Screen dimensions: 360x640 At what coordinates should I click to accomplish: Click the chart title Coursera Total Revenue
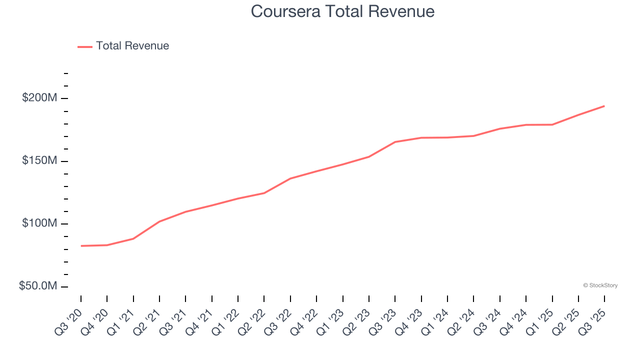pos(342,11)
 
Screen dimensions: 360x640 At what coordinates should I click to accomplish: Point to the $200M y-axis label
pos(39,98)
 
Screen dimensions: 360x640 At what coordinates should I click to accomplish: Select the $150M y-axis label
pos(39,161)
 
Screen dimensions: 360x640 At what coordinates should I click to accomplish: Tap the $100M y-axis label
pos(39,223)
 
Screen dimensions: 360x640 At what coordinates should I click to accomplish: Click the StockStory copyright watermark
pos(600,285)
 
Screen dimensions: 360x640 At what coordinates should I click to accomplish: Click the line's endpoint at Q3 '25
pos(604,106)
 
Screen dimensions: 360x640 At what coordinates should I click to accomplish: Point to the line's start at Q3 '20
pos(81,246)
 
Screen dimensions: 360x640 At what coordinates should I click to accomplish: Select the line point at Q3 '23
pos(395,142)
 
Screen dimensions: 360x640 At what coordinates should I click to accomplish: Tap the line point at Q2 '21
pos(159,221)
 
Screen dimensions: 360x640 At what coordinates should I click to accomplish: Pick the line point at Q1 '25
pos(552,124)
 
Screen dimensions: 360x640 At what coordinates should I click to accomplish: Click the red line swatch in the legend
pos(85,46)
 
